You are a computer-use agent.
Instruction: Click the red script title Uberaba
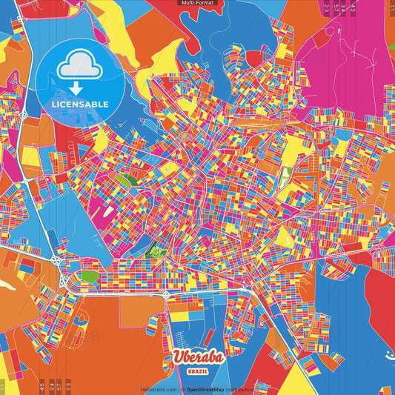(197, 356)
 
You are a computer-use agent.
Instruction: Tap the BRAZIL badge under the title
(197, 368)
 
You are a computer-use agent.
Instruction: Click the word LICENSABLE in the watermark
(80, 104)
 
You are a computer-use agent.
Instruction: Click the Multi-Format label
(197, 3)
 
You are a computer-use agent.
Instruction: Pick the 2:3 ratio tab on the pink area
(326, 9)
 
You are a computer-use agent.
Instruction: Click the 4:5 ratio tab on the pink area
(352, 9)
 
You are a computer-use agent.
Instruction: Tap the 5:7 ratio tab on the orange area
(59, 386)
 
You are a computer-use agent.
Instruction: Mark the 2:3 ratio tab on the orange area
(70, 386)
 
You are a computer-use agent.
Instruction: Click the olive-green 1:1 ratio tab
(2, 386)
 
